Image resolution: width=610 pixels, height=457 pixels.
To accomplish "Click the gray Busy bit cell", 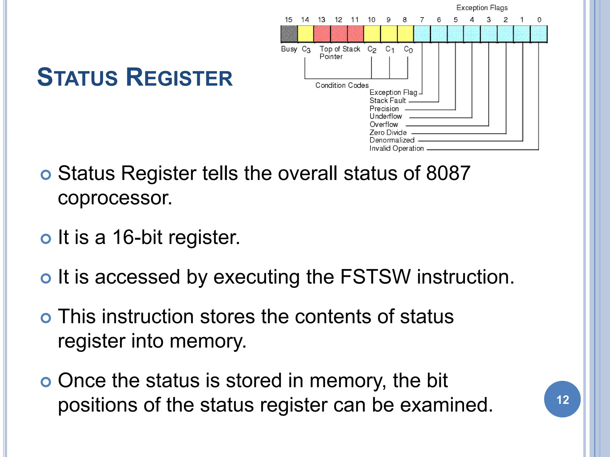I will click(289, 34).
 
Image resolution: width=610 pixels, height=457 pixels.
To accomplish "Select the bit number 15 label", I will click(288, 20).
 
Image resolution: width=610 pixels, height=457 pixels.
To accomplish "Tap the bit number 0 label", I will click(539, 20).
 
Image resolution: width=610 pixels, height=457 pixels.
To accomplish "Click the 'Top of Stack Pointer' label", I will click(340, 53).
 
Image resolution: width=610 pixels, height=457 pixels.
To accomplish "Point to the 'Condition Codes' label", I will click(342, 85).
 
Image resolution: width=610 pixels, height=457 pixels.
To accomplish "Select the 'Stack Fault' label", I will click(388, 101).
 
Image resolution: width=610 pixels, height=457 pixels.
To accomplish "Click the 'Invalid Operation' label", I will click(396, 148).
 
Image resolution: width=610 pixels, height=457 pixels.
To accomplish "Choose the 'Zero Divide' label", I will click(388, 132).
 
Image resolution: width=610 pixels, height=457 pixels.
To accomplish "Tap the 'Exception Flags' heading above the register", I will click(482, 8).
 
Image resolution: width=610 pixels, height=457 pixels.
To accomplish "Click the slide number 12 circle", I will click(562, 399).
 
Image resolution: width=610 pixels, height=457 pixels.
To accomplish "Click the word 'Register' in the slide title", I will click(179, 77).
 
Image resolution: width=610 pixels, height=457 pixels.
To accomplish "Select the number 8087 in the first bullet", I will click(448, 173).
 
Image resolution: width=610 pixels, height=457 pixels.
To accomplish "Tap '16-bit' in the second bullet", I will click(137, 237).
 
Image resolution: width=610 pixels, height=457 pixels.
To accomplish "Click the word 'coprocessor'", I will click(115, 198).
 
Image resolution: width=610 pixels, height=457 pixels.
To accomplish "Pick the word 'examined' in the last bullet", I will click(446, 405).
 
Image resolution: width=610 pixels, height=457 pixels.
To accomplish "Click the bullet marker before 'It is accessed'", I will click(46, 278).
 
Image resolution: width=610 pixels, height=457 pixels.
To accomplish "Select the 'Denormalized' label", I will click(392, 140).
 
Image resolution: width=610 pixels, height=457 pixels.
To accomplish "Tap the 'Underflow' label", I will click(386, 116).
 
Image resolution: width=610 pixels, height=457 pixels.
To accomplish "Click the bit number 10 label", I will click(371, 20).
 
